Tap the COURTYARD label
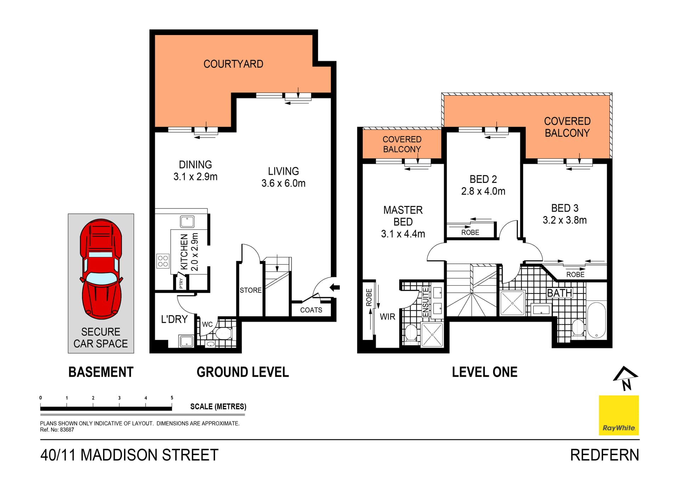233,64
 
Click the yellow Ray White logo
618,415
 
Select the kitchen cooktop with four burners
163,261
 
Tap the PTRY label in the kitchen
181,283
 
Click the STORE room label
250,290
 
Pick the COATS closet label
311,310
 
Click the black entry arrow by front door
335,287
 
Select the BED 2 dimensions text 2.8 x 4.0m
483,191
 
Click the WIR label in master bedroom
387,317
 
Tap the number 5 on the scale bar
172,398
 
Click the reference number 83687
67,430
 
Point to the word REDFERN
604,455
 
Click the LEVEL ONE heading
484,372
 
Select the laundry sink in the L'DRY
186,342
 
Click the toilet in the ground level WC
223,333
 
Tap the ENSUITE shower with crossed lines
432,335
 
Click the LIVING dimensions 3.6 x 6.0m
283,183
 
